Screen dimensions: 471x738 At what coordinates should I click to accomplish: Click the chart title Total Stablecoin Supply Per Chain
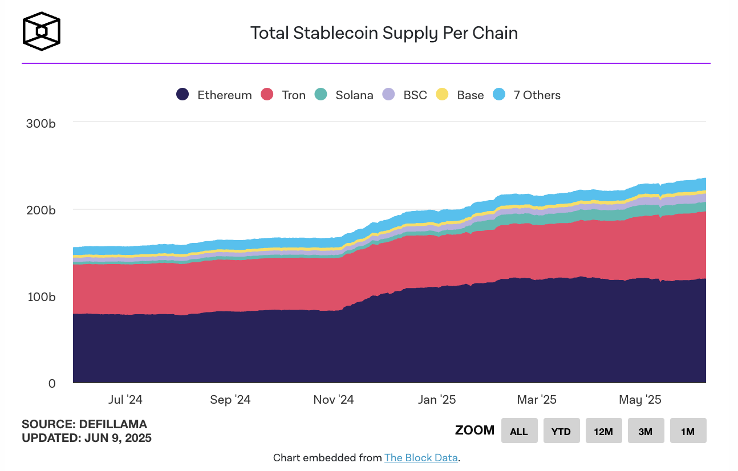click(384, 33)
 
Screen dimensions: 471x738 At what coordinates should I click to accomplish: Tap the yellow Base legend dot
click(442, 95)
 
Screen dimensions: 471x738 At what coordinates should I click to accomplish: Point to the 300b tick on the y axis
click(40, 123)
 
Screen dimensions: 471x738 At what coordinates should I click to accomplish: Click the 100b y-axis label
click(40, 297)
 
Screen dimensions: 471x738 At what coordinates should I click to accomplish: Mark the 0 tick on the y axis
click(52, 384)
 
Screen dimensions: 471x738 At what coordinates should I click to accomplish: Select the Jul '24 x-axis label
click(125, 400)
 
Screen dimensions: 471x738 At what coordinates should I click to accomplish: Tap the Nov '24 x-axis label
click(334, 400)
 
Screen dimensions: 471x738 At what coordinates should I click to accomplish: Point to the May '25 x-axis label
click(640, 400)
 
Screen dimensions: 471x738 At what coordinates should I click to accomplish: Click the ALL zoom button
click(519, 431)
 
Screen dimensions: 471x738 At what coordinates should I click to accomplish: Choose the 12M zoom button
click(603, 431)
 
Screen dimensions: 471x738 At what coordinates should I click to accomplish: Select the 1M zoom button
click(688, 431)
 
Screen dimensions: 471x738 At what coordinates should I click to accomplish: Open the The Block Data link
click(421, 458)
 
